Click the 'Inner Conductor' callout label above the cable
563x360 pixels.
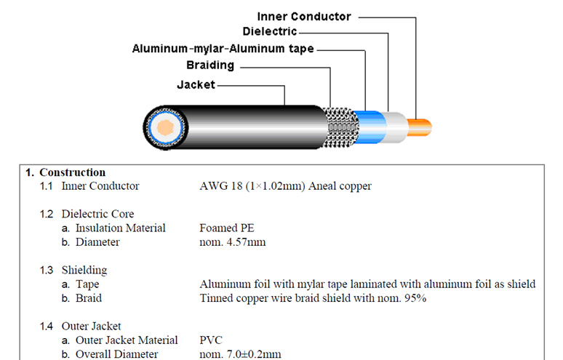304,16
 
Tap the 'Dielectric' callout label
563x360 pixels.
269,32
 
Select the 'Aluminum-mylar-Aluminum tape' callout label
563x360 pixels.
223,49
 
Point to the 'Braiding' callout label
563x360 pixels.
209,65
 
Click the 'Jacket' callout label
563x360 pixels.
196,85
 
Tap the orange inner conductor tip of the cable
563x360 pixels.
421,128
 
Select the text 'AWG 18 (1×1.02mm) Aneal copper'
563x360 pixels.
285,186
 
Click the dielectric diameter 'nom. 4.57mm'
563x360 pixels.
232,242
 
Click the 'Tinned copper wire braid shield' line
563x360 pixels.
312,298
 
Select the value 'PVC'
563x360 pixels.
211,340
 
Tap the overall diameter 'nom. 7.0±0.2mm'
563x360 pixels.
241,354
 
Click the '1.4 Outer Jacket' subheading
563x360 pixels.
80,327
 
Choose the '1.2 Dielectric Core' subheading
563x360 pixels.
87,215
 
